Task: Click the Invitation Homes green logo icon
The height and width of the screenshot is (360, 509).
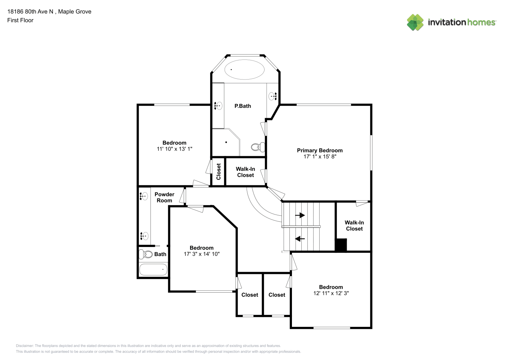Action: (415, 22)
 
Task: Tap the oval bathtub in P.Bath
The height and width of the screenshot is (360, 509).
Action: (244, 69)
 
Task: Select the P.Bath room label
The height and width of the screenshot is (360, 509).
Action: (243, 106)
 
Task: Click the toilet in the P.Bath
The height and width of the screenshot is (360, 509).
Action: (258, 147)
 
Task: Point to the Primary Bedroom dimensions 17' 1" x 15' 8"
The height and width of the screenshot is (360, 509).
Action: (320, 157)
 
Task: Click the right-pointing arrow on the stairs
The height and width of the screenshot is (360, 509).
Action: (300, 215)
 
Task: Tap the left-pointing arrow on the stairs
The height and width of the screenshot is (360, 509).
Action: (300, 239)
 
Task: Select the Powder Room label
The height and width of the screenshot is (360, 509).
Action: (164, 197)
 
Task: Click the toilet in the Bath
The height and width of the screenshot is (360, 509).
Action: (145, 254)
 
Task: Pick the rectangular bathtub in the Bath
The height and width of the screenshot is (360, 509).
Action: (153, 270)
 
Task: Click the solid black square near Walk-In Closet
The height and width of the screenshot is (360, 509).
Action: (341, 245)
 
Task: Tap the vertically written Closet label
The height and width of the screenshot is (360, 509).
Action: (219, 172)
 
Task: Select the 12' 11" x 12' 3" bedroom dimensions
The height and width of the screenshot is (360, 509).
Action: (331, 293)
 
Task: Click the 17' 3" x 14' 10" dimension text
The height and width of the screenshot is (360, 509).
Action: (202, 254)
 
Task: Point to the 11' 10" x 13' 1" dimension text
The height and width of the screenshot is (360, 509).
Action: (175, 149)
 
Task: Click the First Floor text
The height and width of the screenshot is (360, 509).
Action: (20, 20)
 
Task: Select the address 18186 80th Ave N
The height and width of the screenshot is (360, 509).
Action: (30, 12)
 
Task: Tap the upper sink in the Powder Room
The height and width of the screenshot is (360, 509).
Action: (144, 196)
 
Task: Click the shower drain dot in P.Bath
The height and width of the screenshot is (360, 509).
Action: (226, 142)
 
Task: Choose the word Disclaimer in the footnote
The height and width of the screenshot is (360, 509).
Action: (25, 346)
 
